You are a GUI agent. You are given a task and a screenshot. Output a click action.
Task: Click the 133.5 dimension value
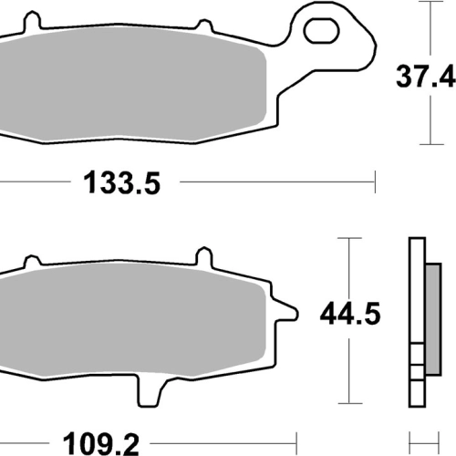(x=121, y=183)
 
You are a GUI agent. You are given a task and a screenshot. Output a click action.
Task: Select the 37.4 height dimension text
(x=426, y=76)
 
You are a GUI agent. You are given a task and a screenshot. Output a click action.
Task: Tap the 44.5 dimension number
(x=350, y=314)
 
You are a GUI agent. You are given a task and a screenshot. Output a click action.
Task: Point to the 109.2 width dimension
(x=101, y=444)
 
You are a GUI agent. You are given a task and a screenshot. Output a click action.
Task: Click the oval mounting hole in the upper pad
(x=321, y=30)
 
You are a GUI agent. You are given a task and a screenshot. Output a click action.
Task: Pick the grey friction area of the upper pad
(x=130, y=84)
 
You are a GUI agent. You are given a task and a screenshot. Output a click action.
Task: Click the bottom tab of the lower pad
(x=149, y=392)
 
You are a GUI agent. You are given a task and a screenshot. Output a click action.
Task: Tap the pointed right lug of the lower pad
(x=285, y=311)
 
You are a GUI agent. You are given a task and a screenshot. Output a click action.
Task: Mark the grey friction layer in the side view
(x=433, y=319)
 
